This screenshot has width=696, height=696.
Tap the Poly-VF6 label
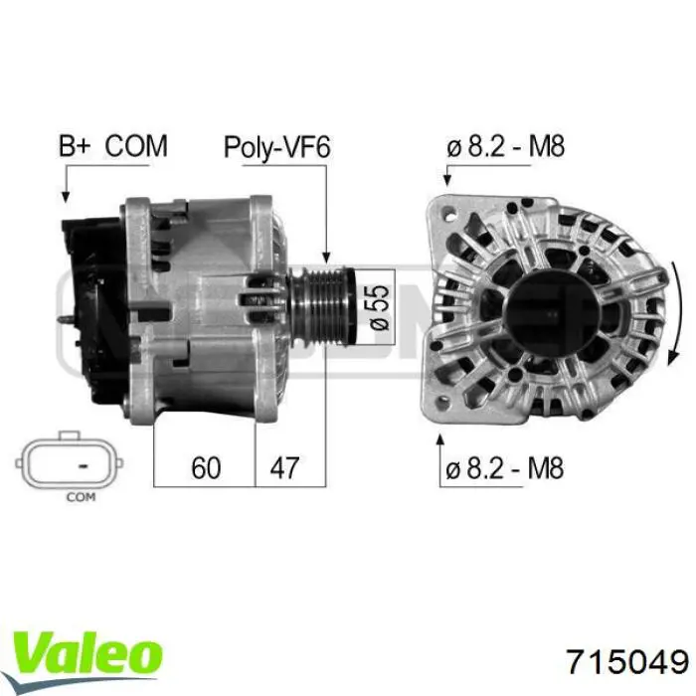[277, 147]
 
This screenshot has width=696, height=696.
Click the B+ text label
[75, 146]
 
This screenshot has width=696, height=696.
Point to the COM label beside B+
[136, 146]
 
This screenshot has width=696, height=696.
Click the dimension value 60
[206, 467]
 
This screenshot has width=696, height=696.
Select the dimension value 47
[284, 467]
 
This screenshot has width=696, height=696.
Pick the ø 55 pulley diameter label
[379, 307]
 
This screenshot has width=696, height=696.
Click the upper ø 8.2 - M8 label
[505, 146]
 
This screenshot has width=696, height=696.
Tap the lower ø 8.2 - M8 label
[505, 468]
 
